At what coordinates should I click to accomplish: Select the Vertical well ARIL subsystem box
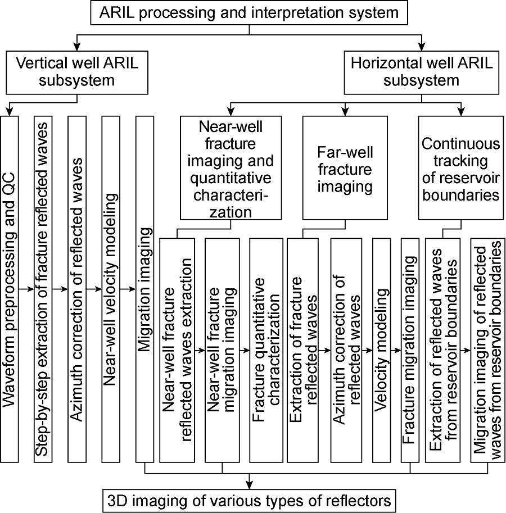77,72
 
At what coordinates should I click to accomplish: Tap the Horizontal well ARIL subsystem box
421,72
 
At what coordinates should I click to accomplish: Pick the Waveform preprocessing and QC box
10,289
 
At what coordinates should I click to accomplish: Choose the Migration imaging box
145,289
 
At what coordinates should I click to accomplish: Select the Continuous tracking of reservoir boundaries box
460,167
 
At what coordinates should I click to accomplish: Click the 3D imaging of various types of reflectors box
249,499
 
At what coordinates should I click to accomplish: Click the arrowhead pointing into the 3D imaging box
249,484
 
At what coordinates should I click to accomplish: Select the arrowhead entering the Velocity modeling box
369,349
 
